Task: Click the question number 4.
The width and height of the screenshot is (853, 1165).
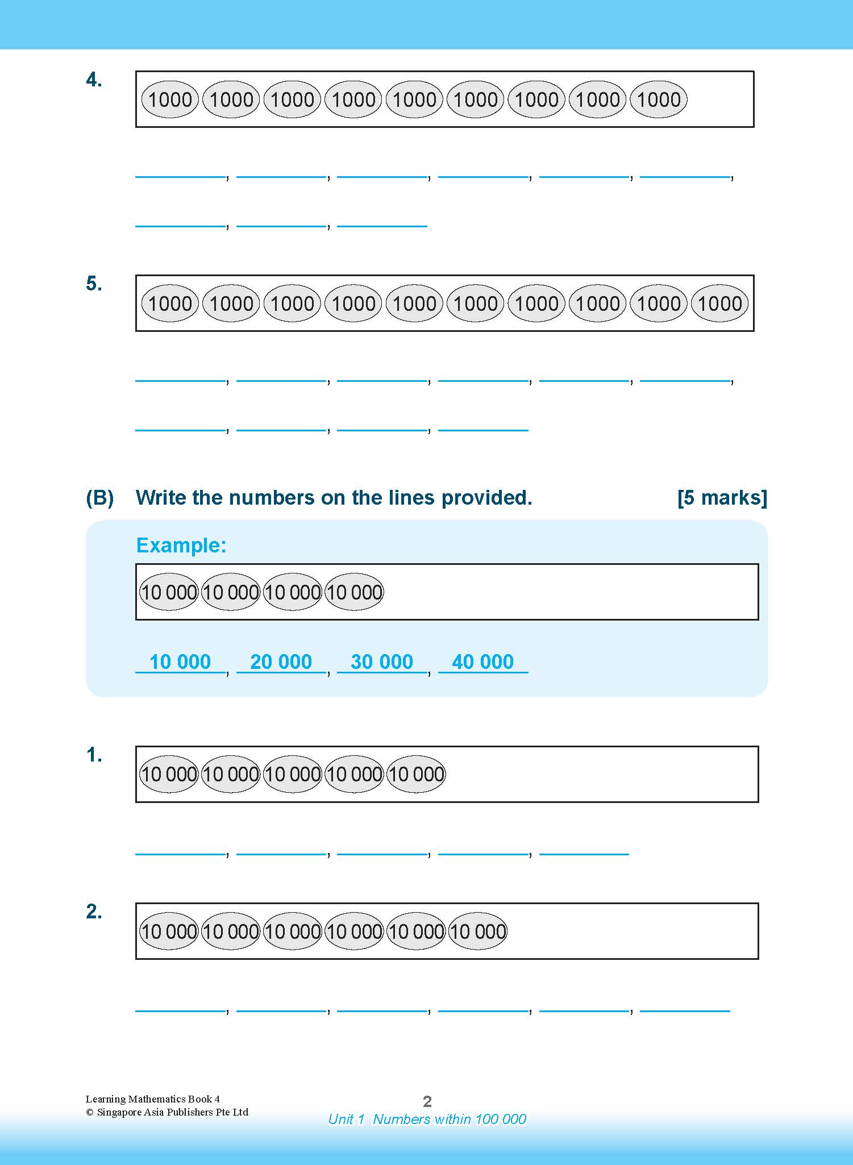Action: tap(94, 80)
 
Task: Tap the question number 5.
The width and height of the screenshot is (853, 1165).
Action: tap(94, 284)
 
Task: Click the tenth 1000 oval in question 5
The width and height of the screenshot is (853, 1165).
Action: tap(719, 303)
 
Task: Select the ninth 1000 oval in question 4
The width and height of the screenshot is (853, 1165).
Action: tap(658, 99)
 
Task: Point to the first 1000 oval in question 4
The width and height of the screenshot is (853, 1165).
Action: tap(170, 99)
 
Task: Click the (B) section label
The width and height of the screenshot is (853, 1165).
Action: tap(100, 498)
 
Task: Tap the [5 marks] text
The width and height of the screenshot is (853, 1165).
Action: tap(722, 498)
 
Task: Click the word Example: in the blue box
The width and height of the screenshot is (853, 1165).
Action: tap(181, 546)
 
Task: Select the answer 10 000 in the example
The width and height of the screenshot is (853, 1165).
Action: tap(180, 662)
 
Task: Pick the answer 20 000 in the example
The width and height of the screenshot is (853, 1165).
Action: tap(281, 662)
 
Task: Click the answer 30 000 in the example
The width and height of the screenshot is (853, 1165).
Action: tap(382, 662)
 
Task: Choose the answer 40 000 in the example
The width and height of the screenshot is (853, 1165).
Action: tap(482, 662)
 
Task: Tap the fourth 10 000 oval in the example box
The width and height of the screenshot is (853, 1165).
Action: tap(354, 592)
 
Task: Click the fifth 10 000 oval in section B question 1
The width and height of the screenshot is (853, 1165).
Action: tap(416, 774)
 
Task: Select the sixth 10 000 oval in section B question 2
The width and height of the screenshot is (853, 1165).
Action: tap(477, 931)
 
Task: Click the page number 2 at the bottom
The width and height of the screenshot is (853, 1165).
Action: tap(427, 1102)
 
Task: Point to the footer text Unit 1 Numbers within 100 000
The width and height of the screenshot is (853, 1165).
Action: tap(427, 1119)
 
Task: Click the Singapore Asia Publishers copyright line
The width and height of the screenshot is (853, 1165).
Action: tap(167, 1112)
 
